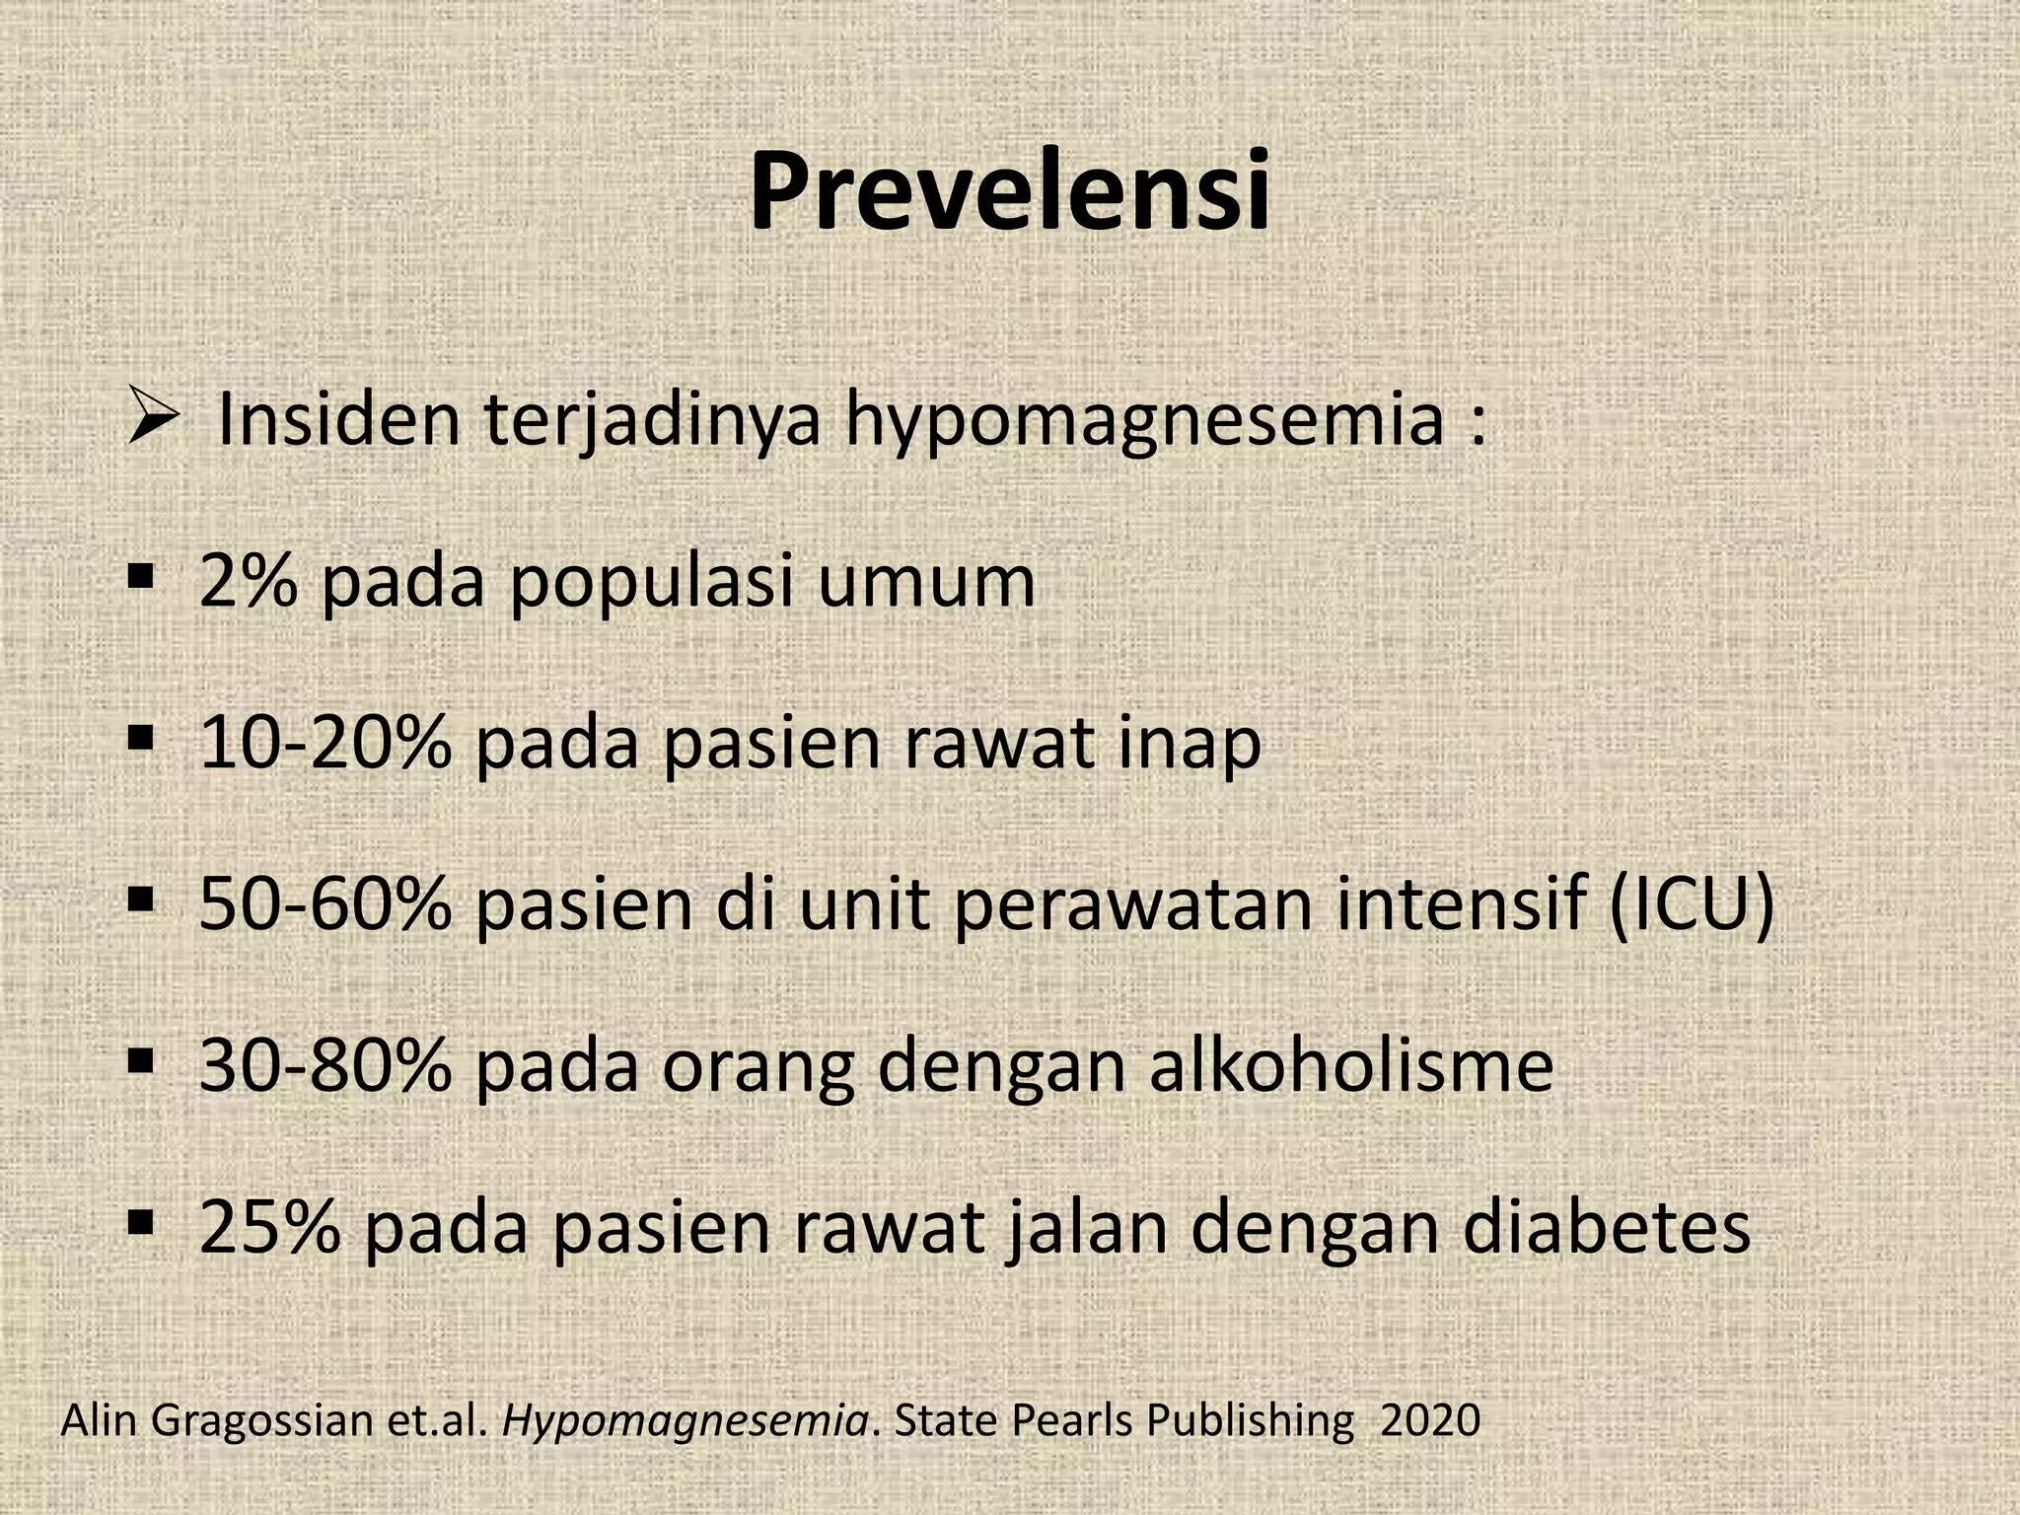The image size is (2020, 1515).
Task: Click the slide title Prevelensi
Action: coord(1009,192)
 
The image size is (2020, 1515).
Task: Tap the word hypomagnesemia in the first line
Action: coord(1144,421)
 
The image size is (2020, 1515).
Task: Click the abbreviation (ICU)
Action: coord(1692,905)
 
